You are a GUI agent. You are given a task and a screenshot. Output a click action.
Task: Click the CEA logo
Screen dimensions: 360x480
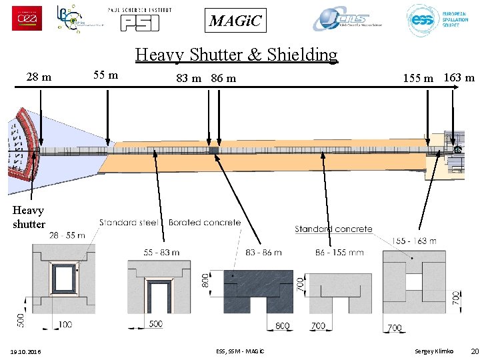[27, 18]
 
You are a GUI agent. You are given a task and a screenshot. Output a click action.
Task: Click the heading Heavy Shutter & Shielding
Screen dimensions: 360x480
[237, 54]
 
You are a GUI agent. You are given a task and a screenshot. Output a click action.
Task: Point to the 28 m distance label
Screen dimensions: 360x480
[39, 77]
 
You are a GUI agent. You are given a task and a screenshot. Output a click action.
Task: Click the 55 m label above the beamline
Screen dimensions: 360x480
[106, 75]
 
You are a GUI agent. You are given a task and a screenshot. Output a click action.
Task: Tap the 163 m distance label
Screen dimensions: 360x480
[459, 77]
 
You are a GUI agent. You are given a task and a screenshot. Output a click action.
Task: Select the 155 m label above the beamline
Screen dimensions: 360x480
[418, 78]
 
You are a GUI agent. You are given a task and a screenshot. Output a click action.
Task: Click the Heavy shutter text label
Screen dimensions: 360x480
[29, 217]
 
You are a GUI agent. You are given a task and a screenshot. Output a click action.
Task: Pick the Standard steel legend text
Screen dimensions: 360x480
[129, 222]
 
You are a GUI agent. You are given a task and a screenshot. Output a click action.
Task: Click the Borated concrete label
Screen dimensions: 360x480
[205, 222]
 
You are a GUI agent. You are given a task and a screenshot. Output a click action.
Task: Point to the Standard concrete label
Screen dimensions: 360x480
[333, 229]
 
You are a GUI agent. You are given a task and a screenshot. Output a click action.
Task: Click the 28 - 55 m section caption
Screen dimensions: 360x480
[67, 235]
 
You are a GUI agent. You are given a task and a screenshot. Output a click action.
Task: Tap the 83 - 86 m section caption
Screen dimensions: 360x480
[263, 252]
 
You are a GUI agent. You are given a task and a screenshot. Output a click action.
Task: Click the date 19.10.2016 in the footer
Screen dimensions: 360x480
[25, 351]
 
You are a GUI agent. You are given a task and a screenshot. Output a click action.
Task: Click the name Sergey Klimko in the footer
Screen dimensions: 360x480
[433, 351]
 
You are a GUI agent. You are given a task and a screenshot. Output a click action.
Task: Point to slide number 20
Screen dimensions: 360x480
[474, 351]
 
